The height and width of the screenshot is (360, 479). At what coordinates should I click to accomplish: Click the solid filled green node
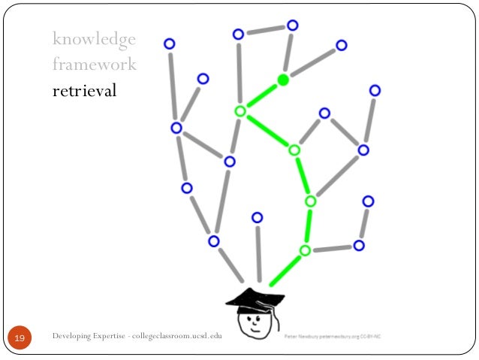[x=283, y=80]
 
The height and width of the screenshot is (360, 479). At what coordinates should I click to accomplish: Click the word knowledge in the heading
[x=94, y=38]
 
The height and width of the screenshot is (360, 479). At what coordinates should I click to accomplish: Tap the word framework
[x=94, y=65]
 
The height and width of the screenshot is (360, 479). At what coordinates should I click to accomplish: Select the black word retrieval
[x=85, y=92]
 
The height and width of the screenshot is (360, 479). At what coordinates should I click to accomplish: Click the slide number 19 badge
[x=20, y=340]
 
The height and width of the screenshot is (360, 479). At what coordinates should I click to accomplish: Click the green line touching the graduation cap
[x=285, y=270]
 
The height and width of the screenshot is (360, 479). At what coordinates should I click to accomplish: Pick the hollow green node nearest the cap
[x=305, y=250]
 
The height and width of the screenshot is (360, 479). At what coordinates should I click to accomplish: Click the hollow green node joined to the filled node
[x=240, y=111]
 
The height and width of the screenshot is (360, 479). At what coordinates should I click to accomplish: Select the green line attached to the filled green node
[x=261, y=95]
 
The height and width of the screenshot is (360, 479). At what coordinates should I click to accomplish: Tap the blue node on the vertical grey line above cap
[x=258, y=217]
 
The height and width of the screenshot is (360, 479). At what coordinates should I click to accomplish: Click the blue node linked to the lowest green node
[x=359, y=245]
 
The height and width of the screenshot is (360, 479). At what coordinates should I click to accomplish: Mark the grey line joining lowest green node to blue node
[x=332, y=248]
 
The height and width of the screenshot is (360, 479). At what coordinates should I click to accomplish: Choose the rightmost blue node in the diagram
[x=375, y=90]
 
